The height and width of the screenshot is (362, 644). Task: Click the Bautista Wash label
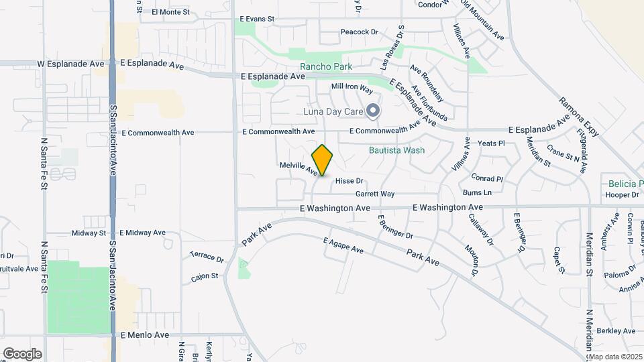[396, 150]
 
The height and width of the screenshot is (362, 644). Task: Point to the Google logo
[22, 353]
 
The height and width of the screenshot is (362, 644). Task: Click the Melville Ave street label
[299, 168]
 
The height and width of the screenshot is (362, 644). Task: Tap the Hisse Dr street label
[349, 181]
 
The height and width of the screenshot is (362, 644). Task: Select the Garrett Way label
[375, 194]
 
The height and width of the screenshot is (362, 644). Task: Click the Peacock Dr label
[360, 32]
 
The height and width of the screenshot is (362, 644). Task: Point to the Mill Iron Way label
[352, 88]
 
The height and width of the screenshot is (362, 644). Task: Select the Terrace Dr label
[206, 257]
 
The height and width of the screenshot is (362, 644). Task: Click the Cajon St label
[205, 276]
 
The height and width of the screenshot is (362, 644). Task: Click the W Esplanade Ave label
[71, 64]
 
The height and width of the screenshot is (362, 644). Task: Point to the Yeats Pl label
[490, 143]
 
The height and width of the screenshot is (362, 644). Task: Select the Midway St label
[90, 233]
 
